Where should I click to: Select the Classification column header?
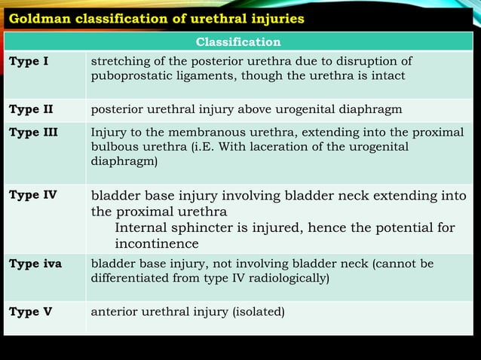click(x=238, y=42)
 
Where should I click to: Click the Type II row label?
click(x=31, y=109)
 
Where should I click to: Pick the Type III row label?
click(x=33, y=132)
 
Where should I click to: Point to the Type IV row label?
click(x=32, y=196)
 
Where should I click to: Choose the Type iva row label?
click(x=35, y=264)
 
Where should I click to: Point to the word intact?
click(x=387, y=76)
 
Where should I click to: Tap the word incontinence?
click(x=156, y=244)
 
